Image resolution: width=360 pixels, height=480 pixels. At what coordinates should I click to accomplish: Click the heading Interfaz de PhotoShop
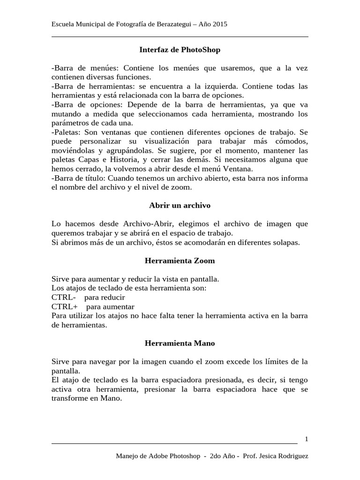[x=180, y=49]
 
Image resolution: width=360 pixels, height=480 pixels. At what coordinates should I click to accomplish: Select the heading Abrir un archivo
[x=180, y=205]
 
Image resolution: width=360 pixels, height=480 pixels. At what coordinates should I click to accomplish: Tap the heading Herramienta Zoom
[x=180, y=260]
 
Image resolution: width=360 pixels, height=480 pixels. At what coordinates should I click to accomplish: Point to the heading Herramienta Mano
[x=180, y=343]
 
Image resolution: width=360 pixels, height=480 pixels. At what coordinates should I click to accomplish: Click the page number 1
[x=306, y=439]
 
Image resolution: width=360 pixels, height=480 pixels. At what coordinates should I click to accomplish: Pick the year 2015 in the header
[x=220, y=24]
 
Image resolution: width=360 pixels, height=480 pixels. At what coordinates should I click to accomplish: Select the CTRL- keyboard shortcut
[x=64, y=297]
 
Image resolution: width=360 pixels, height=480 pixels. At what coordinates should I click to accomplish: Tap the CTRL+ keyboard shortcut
[x=65, y=307]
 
